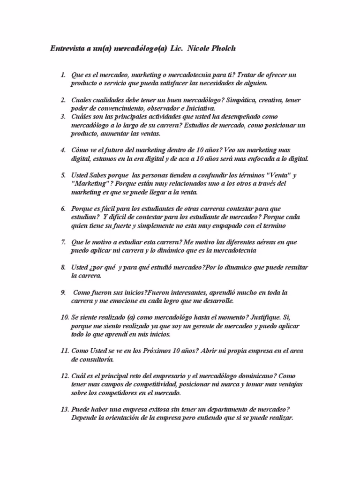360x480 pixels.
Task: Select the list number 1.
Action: [63, 75]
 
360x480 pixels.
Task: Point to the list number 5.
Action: [63, 175]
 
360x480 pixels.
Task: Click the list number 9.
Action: [63, 292]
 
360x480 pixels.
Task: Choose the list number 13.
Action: [65, 409]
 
